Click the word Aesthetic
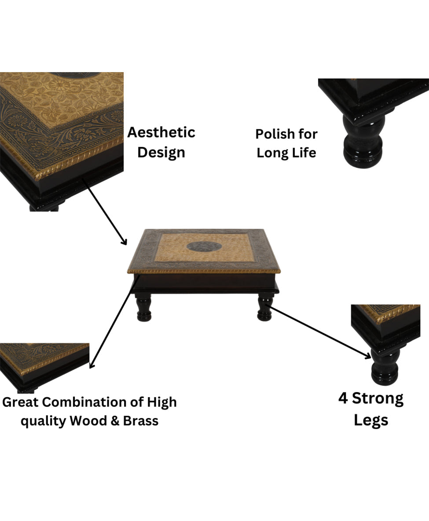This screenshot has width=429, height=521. click(161, 132)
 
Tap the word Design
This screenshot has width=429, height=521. click(161, 153)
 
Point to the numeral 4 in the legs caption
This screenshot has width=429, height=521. click(343, 398)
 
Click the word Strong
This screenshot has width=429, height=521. click(378, 399)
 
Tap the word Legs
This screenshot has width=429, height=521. click(371, 420)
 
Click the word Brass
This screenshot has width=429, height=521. click(141, 421)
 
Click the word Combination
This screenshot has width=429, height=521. click(85, 402)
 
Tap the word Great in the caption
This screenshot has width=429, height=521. click(21, 402)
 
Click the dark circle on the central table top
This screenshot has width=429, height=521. click(204, 247)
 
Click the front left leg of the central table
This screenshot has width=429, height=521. click(144, 308)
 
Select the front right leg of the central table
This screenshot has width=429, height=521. click(265, 308)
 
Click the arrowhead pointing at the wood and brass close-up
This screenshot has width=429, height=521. click(92, 365)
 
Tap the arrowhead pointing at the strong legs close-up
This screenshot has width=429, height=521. click(368, 356)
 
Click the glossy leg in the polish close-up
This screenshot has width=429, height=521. click(363, 141)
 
